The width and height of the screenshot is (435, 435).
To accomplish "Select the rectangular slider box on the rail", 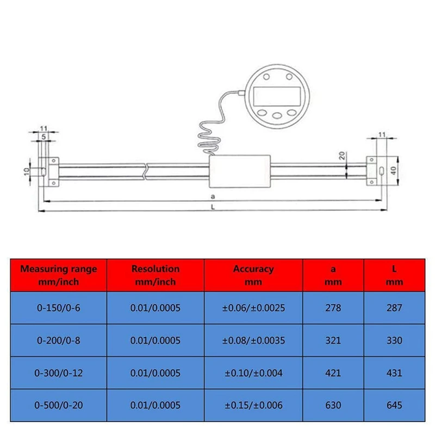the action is tap(240, 170).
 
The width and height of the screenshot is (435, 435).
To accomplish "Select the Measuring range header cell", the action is tap(59, 275).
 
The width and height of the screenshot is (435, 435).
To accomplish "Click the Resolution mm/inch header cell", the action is tap(156, 275).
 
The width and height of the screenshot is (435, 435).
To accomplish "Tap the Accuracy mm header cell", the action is tap(253, 275).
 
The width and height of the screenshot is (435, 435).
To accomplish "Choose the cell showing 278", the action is tap(333, 308).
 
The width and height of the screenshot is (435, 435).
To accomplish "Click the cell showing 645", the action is tap(395, 405).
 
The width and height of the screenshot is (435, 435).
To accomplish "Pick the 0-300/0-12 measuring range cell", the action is tap(59, 373).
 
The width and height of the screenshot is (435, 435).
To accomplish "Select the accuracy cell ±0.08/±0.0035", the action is tap(253, 340).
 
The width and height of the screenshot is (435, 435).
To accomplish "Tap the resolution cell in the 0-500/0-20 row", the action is tap(156, 405).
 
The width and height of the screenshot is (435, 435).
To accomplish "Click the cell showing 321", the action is tap(333, 340).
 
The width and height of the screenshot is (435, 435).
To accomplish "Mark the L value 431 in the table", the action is tap(395, 373).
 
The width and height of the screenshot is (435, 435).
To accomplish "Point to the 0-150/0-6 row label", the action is tap(59, 308).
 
